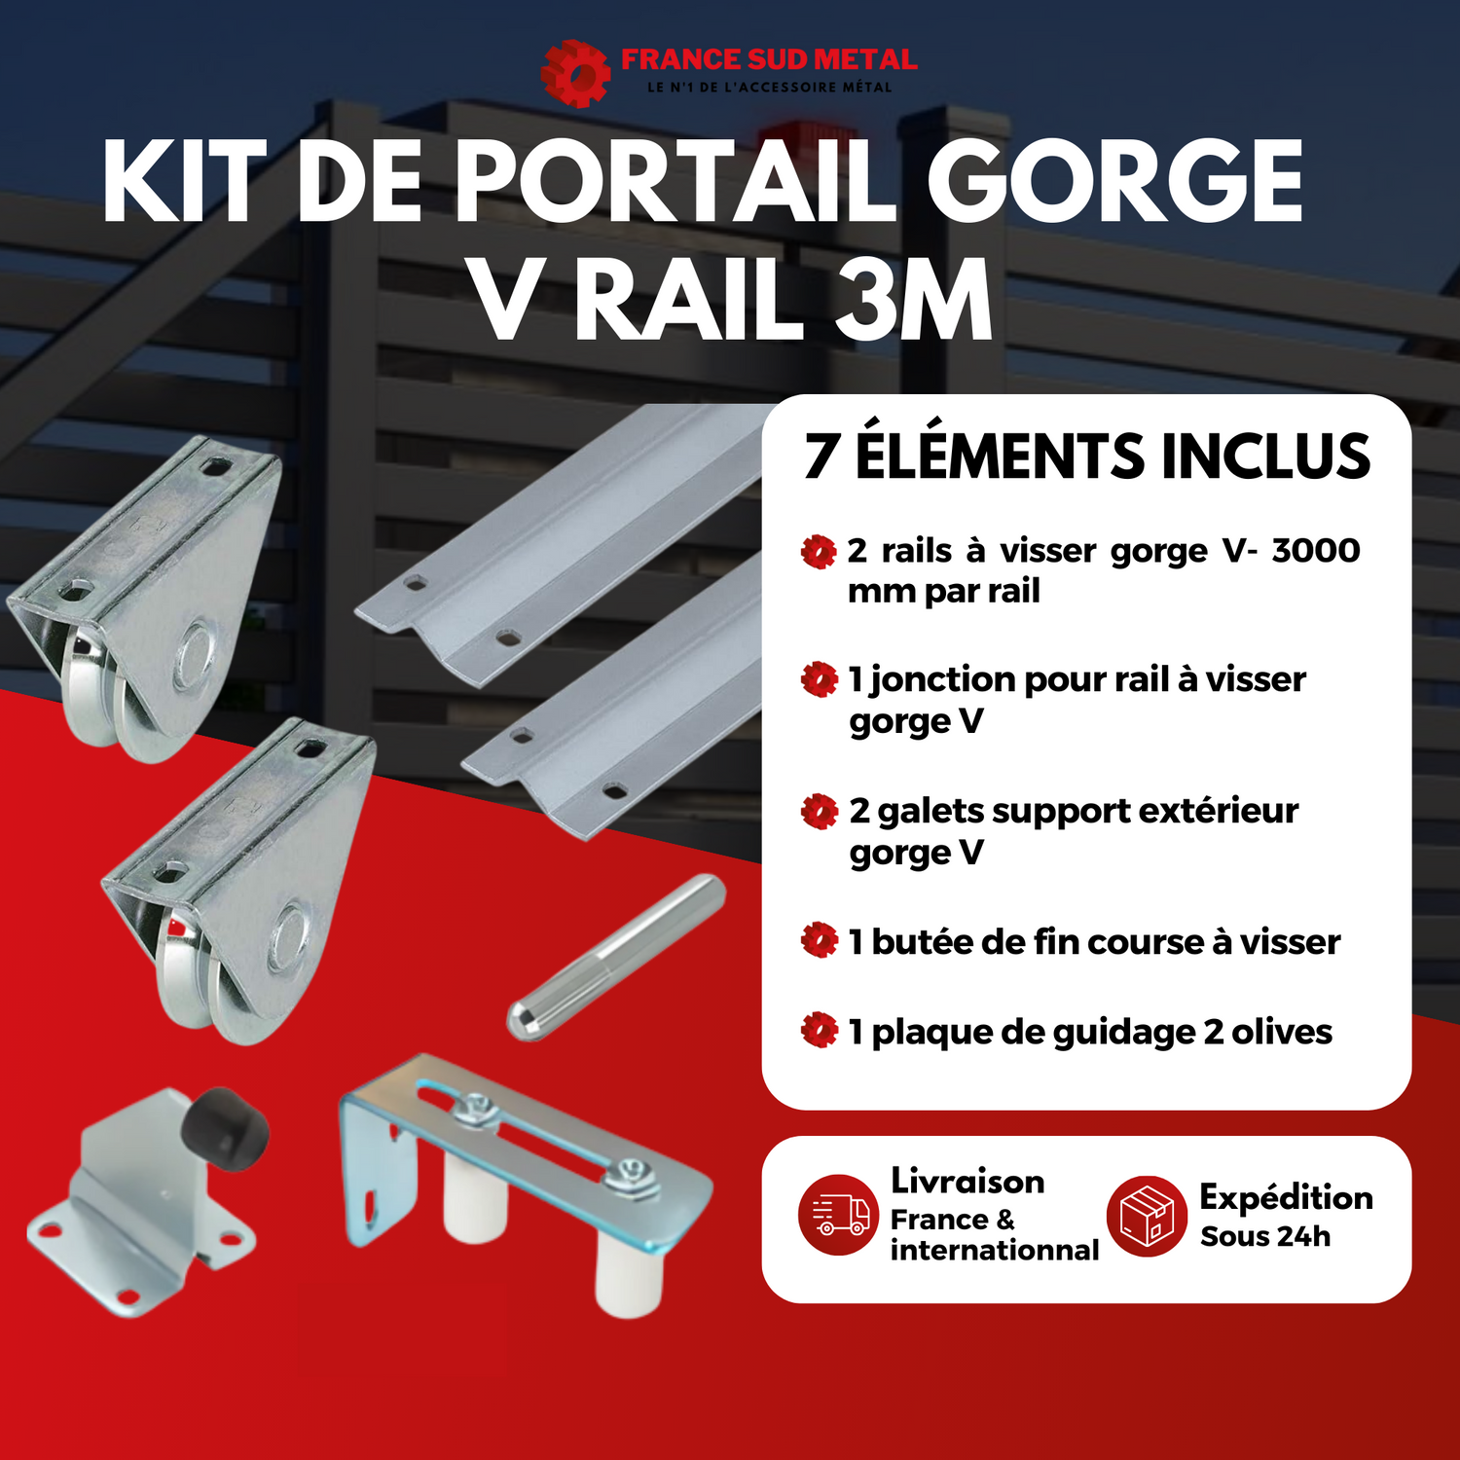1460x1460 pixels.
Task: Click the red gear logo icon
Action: coord(575,73)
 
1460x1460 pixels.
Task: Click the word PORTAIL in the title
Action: coord(675,182)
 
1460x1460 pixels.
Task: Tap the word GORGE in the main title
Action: coord(1115,182)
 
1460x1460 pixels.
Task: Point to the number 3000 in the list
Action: coord(1316,550)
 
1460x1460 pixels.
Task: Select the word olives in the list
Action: coord(1282,1032)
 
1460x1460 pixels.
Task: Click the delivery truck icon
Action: coord(838,1214)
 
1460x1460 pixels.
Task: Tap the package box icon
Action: coord(1147,1216)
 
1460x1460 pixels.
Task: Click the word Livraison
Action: coord(967,1181)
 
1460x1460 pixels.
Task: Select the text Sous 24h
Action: coord(1265,1236)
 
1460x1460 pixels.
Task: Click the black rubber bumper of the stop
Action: coord(230,1129)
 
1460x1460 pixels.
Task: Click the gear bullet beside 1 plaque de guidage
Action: coord(820,1030)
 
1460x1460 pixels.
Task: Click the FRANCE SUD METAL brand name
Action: coord(769,59)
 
